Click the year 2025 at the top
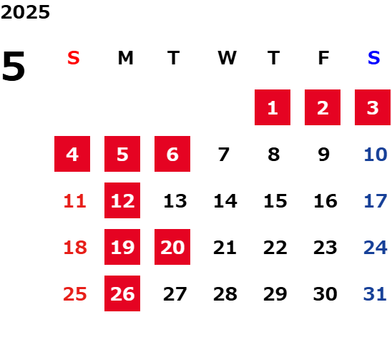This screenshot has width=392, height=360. click(25, 12)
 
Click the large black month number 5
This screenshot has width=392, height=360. click(14, 66)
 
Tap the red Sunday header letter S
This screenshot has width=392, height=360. click(74, 58)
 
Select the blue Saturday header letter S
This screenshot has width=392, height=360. click(373, 58)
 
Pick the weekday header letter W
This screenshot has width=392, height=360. click(227, 58)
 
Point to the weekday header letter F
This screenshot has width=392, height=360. click(323, 58)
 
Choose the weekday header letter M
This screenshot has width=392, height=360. click(125, 58)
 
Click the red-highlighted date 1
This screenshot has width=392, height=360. click(273, 107)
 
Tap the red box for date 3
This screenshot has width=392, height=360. click(373, 107)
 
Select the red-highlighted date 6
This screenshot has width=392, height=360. click(172, 154)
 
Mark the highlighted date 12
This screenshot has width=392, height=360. click(122, 200)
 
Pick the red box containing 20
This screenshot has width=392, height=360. click(172, 247)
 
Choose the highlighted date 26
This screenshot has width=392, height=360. click(122, 293)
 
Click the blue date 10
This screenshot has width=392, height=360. click(376, 155)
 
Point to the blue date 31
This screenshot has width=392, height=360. click(375, 294)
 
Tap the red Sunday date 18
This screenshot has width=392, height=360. click(75, 248)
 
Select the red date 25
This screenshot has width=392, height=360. click(74, 294)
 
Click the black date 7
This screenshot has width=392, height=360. click(223, 155)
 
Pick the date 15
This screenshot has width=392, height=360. click(275, 201)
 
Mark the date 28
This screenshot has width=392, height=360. click(225, 294)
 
